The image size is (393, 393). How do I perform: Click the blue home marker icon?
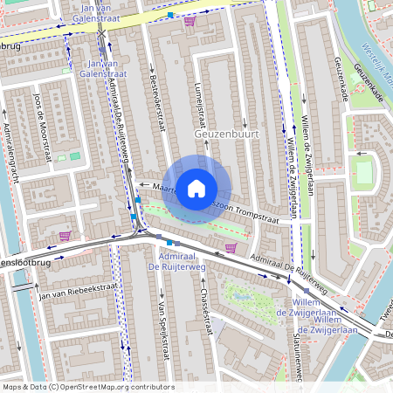(196, 188)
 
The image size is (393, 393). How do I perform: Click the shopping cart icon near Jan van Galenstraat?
(190, 19)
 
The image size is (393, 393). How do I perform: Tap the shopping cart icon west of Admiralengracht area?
(65, 236)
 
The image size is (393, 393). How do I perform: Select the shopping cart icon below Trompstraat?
(231, 247)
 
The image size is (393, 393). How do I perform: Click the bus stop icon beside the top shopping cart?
(169, 15)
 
